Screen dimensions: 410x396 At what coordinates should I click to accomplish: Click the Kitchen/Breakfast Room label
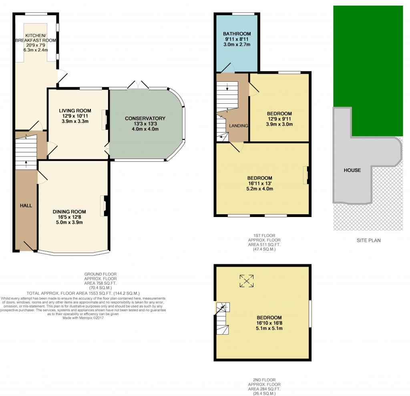(x=36, y=38)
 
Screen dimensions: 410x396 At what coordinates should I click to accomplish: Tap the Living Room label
(x=75, y=111)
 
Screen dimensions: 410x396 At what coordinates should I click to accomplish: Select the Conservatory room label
(x=145, y=119)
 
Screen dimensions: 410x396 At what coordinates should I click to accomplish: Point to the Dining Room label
(x=69, y=211)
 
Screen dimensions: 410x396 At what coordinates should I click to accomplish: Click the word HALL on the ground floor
(x=26, y=205)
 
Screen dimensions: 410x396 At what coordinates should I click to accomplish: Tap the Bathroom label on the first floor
(x=237, y=34)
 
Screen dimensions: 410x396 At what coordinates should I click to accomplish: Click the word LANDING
(x=239, y=126)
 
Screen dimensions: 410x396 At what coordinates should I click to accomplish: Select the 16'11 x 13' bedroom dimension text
(x=259, y=183)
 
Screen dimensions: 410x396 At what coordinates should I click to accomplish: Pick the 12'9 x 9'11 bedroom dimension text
(x=279, y=119)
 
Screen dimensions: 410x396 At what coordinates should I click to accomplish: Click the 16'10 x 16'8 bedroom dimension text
(x=269, y=323)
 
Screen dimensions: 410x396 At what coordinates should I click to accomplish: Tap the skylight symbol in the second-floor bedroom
(x=247, y=281)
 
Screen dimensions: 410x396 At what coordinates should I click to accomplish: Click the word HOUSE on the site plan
(x=352, y=170)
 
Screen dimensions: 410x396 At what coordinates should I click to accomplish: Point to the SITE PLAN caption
(x=369, y=240)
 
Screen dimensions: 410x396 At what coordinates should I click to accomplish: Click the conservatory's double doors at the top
(x=138, y=85)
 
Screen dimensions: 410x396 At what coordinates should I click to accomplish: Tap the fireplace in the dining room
(x=105, y=206)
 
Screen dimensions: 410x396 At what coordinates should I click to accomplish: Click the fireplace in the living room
(x=106, y=120)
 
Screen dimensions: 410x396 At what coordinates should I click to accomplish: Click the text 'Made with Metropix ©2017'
(x=83, y=318)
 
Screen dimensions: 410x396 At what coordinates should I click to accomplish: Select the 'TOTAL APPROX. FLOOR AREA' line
(x=83, y=293)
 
